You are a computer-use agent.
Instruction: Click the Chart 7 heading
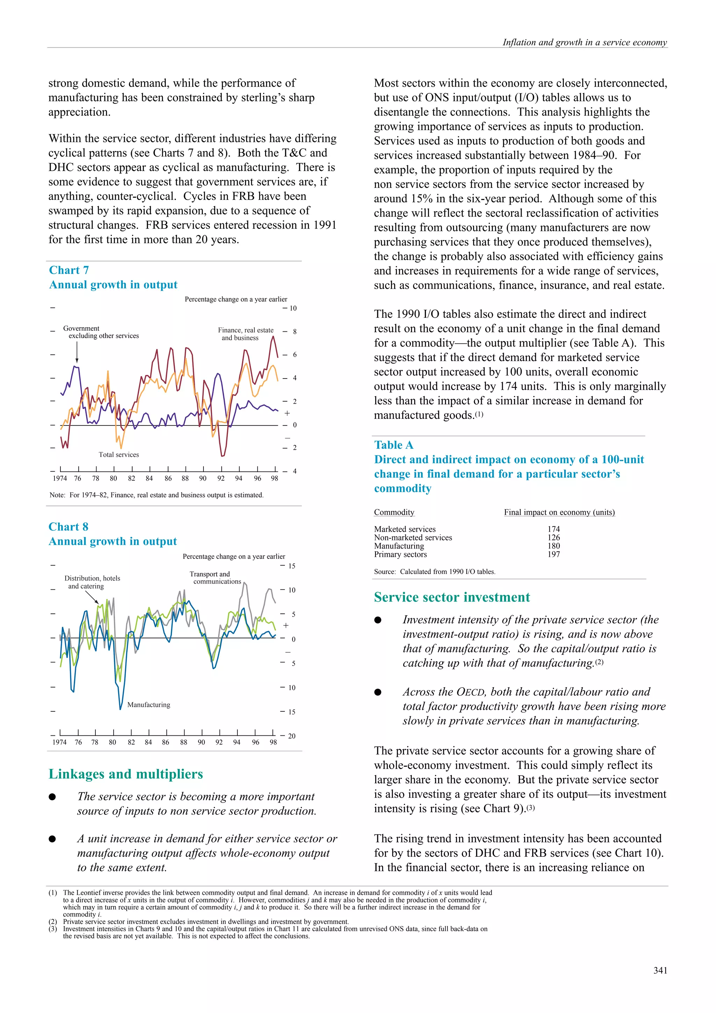point(69,270)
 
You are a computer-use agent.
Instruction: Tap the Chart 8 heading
point(69,527)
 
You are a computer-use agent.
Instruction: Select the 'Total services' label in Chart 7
point(119,455)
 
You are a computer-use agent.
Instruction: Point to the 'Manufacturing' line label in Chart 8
point(149,705)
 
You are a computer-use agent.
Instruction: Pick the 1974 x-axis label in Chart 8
point(59,742)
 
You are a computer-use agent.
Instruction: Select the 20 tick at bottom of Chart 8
point(292,736)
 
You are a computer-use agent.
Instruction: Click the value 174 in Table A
point(554,529)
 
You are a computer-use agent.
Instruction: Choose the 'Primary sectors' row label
point(400,555)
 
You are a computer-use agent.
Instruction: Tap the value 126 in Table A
point(554,537)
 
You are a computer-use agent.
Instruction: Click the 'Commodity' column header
point(394,512)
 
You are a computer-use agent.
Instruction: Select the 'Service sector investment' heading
point(452,597)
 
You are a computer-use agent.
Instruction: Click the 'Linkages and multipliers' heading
point(126,774)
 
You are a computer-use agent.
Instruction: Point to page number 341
point(660,970)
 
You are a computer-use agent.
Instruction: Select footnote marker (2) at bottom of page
point(53,922)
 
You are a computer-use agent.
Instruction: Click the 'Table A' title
point(394,445)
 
